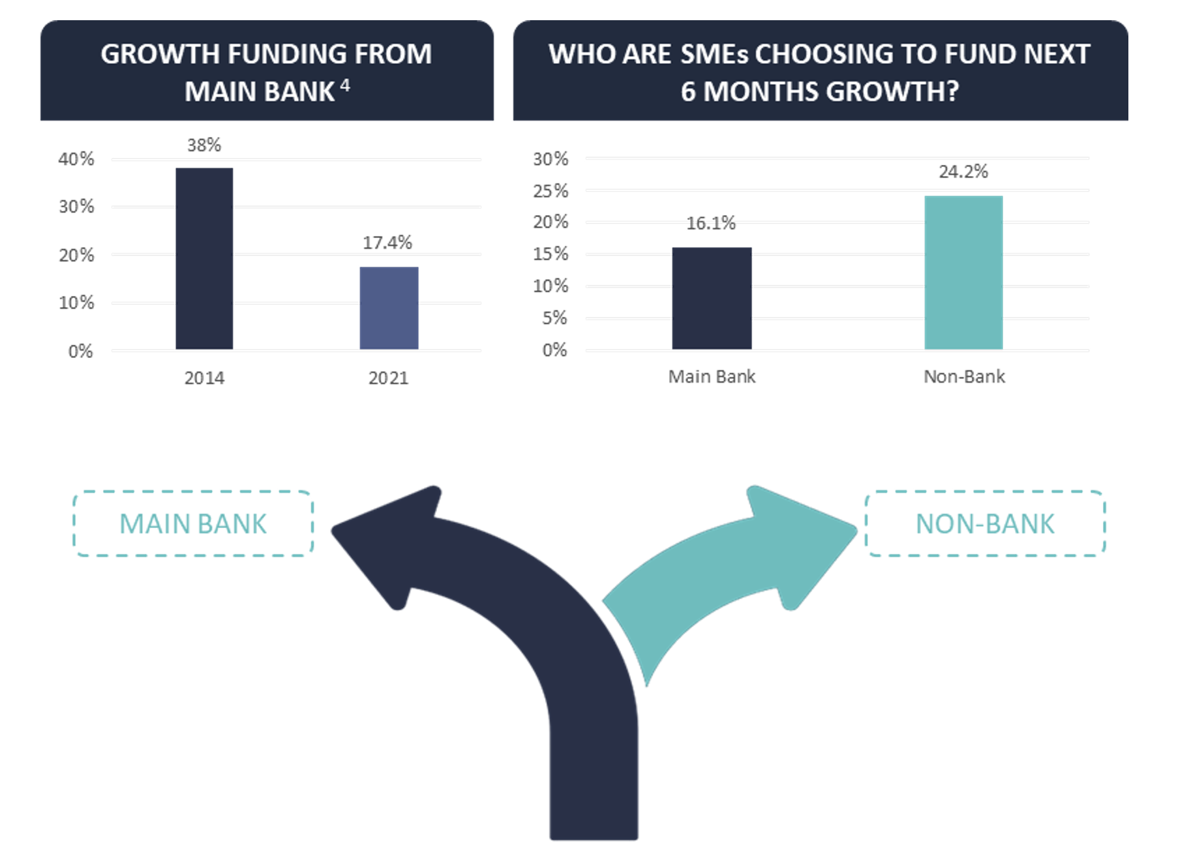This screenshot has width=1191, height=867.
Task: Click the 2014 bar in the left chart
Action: coord(204,259)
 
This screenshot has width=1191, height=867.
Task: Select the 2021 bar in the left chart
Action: coord(389,308)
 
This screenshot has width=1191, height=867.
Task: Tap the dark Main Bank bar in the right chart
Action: coord(712,299)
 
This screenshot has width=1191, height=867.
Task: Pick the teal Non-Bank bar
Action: coord(963,272)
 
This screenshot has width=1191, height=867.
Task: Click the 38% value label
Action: coord(204,145)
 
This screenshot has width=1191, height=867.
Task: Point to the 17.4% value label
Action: coord(387,242)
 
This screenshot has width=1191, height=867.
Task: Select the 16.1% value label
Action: coord(711,223)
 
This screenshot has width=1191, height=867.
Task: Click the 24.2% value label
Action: coord(963,171)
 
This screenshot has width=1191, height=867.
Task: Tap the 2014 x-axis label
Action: coord(204,378)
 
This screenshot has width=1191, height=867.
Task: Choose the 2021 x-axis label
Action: coord(389,378)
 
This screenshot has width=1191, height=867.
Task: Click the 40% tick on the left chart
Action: coord(76,159)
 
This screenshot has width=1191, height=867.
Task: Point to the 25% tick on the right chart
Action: coord(551,191)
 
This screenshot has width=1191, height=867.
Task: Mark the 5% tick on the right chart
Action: coord(555,318)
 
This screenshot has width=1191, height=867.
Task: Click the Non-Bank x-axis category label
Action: coord(964,376)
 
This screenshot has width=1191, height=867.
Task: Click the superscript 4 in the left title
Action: coord(345,85)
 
